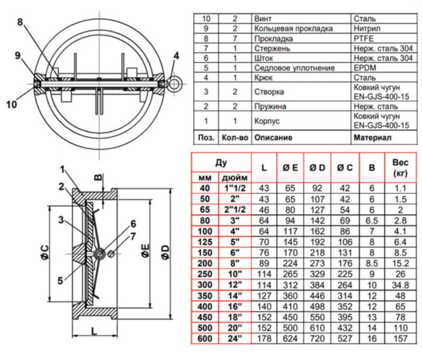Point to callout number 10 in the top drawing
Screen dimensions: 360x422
pyautogui.click(x=12, y=104)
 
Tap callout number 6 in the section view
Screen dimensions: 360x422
pyautogui.click(x=133, y=223)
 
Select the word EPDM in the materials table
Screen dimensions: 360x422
pyautogui.click(x=364, y=68)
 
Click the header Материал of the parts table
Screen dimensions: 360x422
pyautogui.click(x=371, y=137)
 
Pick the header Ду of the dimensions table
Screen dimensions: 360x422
pyautogui.click(x=221, y=163)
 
